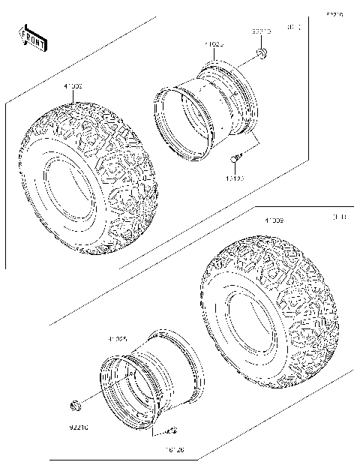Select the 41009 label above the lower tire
tap(273, 220)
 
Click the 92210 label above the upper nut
tap(260, 32)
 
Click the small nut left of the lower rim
tap(76, 406)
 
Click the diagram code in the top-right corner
tap(334, 14)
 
